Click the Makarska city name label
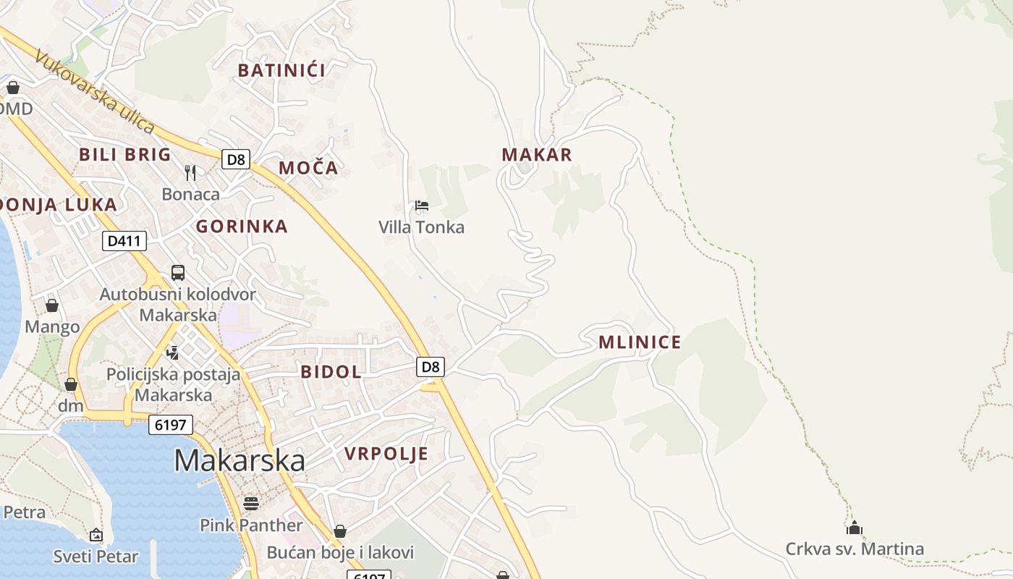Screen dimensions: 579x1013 coord(240,461)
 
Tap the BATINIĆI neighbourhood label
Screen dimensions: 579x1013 coord(281,70)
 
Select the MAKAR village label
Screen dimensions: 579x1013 coord(537,154)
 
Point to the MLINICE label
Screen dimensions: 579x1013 coord(640,342)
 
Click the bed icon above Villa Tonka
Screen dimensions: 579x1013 coord(422,206)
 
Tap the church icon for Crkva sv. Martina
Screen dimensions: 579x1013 coord(855,528)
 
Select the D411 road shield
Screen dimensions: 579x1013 coord(124,241)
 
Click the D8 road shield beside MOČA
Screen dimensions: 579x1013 coord(235,159)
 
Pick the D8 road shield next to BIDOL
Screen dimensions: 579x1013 coord(431,367)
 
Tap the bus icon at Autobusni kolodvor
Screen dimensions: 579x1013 coord(178,273)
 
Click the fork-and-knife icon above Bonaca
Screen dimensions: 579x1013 coord(190,172)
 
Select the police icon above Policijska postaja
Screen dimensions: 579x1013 coord(172,353)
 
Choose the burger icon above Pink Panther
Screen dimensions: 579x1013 coord(251,503)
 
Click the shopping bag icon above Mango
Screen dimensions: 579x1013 coord(52,305)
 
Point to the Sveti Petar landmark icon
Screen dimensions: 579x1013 coord(96,535)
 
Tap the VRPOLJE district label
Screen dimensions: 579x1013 coord(386,454)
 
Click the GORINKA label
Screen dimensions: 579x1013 coord(242,227)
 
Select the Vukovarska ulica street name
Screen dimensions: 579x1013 coord(94,93)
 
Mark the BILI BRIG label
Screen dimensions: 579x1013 coord(125,154)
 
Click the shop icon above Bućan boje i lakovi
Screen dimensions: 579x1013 coord(340,531)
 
